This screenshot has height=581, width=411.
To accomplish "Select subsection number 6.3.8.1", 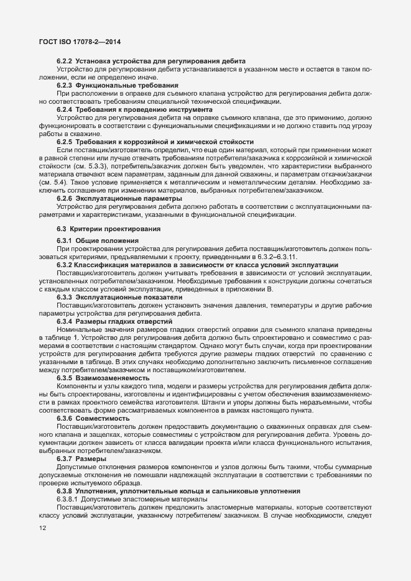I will tap(68, 499).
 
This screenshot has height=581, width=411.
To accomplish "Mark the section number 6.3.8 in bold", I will tap(65, 490).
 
